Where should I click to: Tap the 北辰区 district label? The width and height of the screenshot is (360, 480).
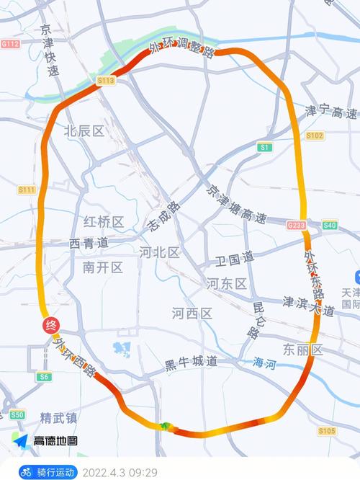84,130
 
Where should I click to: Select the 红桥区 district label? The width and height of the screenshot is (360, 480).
104,221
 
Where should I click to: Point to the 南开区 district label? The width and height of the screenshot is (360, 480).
103,267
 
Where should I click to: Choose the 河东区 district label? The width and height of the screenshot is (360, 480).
227,283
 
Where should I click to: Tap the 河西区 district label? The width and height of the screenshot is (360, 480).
192,314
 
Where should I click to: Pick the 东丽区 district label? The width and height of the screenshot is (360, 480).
302,350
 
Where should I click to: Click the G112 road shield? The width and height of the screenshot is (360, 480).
10,43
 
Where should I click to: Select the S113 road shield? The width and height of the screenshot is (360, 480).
105,81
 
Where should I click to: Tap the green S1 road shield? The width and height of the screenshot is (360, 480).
266,147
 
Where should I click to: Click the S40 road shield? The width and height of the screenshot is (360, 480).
330,225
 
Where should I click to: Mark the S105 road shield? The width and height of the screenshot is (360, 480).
327,431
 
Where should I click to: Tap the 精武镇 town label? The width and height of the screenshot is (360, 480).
60,417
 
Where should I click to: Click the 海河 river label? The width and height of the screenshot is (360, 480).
264,365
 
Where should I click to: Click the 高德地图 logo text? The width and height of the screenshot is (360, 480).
55,440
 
